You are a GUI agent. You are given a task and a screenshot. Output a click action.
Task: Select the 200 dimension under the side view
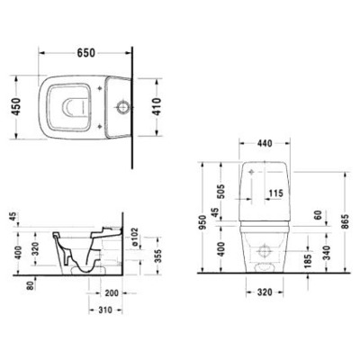pos(112,294)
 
